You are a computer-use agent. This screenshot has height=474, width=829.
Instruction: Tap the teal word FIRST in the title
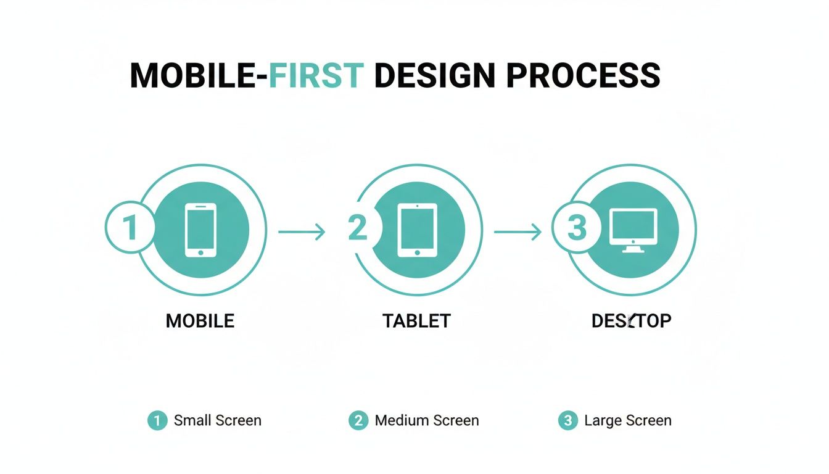click(x=315, y=76)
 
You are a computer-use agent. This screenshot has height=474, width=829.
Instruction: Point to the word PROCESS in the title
click(x=583, y=76)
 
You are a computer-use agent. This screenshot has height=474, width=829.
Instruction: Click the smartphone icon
click(x=201, y=230)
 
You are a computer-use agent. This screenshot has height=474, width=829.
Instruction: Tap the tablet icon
click(x=417, y=230)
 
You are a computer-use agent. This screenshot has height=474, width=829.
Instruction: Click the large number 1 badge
click(x=130, y=228)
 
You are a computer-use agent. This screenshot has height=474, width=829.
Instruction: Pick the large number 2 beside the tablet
click(x=358, y=228)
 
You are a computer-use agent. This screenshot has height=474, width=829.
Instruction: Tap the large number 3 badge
click(x=576, y=228)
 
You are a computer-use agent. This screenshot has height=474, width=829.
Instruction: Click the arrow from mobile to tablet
click(x=301, y=232)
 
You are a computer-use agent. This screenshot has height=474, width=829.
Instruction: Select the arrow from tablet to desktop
click(x=518, y=232)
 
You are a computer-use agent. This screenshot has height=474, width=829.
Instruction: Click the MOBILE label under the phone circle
click(x=200, y=321)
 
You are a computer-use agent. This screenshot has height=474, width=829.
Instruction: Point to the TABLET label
click(x=416, y=321)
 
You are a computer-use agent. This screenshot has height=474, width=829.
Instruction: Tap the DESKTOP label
click(x=631, y=321)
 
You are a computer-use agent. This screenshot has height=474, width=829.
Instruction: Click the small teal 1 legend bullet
click(x=157, y=421)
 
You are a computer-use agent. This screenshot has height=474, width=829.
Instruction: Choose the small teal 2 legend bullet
click(x=358, y=421)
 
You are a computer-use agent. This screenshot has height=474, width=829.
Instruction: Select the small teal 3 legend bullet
click(x=567, y=421)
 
